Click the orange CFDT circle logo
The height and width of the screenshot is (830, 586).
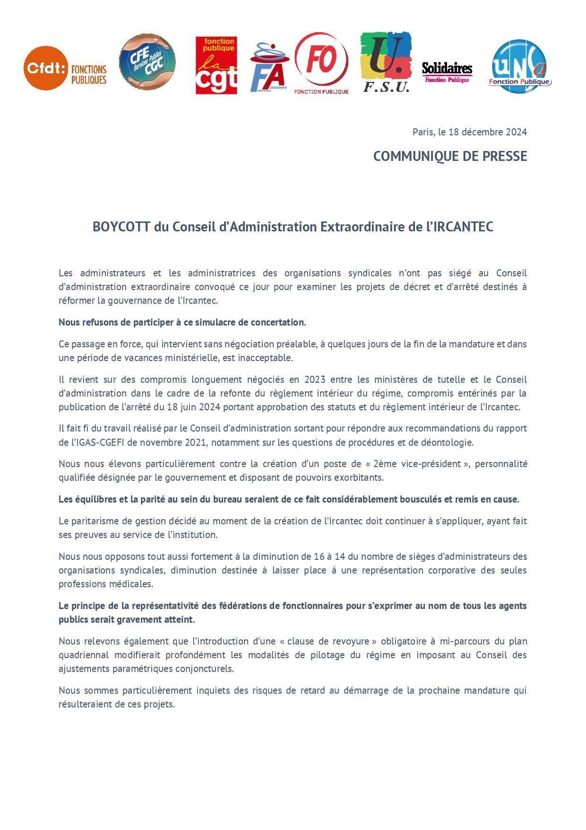[45, 68]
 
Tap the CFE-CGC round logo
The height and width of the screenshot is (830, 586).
[147, 62]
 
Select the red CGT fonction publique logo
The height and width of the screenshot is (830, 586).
[216, 66]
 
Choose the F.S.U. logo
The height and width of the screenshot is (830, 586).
[386, 62]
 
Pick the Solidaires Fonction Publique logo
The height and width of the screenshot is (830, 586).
[447, 71]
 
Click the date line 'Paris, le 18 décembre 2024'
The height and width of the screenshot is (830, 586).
[469, 132]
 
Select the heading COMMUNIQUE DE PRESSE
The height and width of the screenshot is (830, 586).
[450, 156]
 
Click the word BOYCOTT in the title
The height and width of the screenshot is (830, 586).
[121, 227]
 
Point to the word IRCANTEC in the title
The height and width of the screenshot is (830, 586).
[463, 227]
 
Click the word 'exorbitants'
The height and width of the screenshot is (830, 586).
[360, 477]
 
